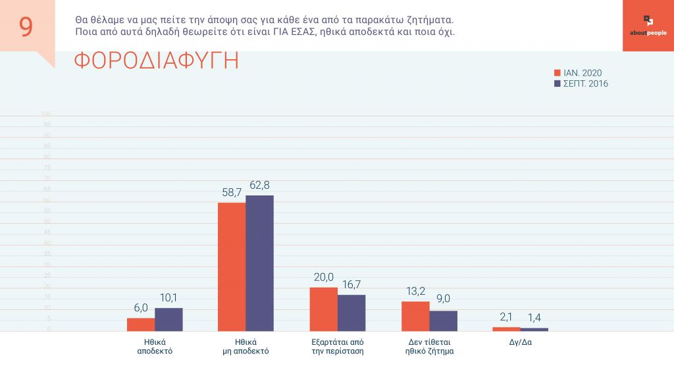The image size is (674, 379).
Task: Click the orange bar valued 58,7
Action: point(232,266)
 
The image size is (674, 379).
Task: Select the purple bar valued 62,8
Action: point(259,263)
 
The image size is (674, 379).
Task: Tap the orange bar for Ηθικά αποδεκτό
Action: point(141,324)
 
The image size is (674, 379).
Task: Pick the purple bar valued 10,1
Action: point(168,319)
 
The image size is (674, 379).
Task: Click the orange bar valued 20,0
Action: point(323,309)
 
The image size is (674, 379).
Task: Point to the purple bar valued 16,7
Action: point(351,313)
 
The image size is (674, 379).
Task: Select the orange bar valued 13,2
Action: point(415,316)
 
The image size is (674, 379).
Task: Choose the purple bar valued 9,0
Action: point(443,320)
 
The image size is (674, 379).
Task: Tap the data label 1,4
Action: point(534,318)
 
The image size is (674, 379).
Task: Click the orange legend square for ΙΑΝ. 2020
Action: point(557,73)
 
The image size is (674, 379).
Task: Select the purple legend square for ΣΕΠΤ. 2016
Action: point(557,84)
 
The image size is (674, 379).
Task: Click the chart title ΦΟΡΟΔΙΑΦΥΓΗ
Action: point(156,61)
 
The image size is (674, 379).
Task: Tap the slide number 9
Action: point(26,27)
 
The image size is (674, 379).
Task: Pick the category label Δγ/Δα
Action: point(520,342)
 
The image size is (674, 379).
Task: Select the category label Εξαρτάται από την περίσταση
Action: point(338,347)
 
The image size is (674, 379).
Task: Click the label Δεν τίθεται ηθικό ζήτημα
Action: point(429,347)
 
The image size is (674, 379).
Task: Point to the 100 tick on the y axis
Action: point(46,114)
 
